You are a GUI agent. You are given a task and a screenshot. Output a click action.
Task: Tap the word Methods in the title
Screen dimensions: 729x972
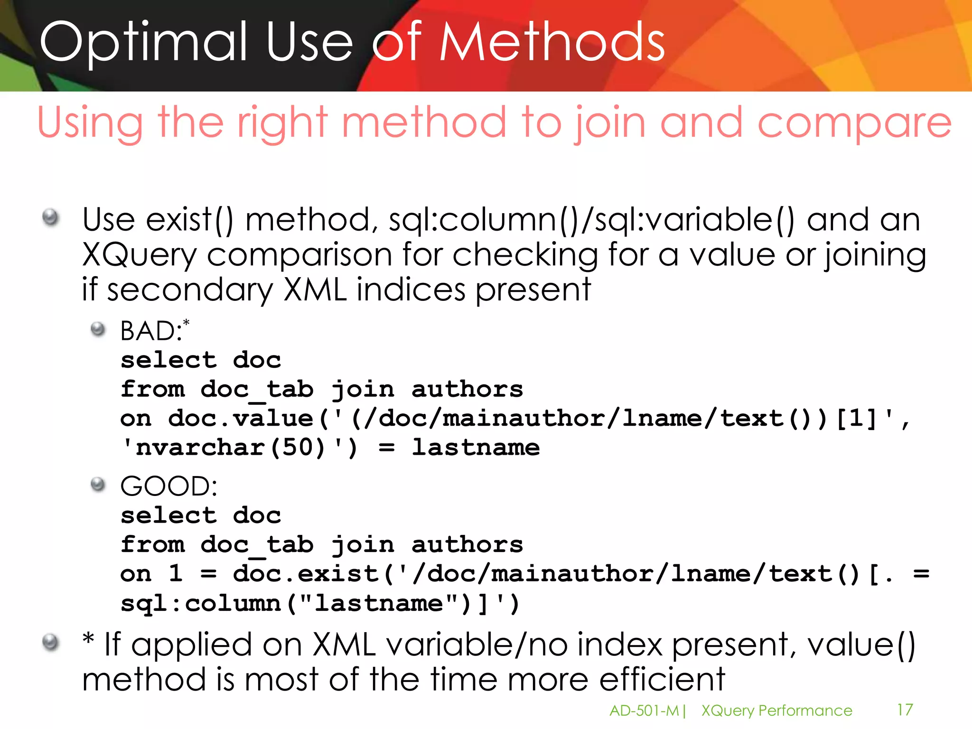pos(552,43)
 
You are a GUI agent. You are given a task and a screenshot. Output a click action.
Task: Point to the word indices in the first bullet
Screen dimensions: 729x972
pos(411,290)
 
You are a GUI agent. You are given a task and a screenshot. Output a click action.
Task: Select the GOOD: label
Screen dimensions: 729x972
pos(168,486)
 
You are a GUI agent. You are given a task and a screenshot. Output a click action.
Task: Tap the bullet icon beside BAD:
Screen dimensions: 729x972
pos(98,329)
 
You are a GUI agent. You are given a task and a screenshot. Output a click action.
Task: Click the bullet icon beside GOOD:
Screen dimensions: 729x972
pos(98,485)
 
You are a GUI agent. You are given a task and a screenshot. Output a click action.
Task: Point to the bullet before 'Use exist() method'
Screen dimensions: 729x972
pos(50,218)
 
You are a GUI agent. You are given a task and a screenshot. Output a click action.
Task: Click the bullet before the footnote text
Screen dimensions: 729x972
pos(50,643)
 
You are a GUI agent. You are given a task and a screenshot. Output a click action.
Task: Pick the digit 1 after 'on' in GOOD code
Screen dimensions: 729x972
pos(176,574)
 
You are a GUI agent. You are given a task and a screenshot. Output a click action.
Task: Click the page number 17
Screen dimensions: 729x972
pos(905,710)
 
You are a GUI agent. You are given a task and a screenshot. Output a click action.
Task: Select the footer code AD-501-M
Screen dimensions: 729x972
pos(644,711)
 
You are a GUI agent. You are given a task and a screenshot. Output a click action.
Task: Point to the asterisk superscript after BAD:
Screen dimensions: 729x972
pos(186,323)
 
